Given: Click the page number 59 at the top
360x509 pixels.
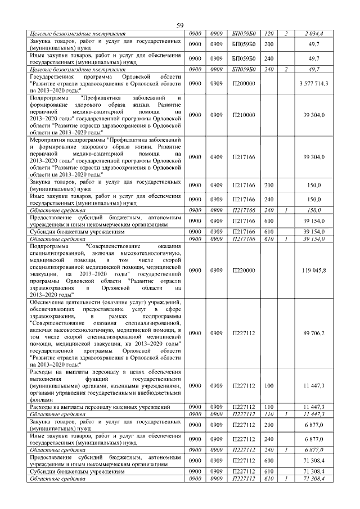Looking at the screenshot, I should [180, 26].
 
